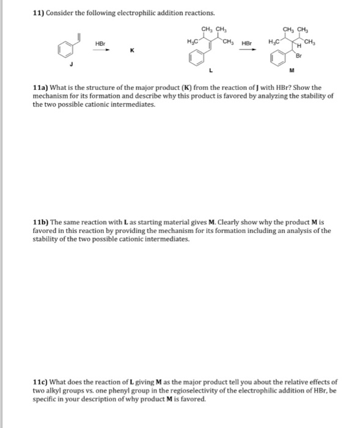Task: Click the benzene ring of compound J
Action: pos(60,48)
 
